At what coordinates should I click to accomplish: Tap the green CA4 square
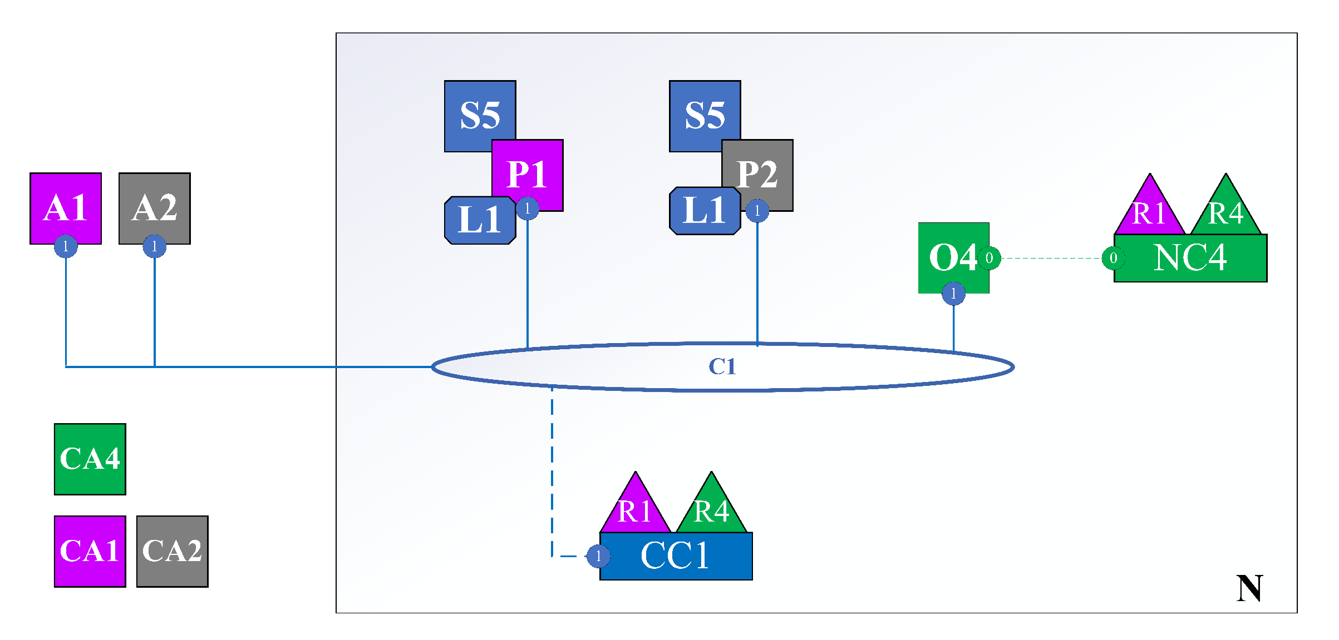click(90, 459)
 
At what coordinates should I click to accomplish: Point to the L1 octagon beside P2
click(705, 211)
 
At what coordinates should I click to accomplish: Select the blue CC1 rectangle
click(676, 556)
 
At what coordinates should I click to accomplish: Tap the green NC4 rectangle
click(1190, 258)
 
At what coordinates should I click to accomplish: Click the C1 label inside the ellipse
click(722, 366)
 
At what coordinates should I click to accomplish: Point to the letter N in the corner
click(1249, 588)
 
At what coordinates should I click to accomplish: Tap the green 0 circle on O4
click(989, 258)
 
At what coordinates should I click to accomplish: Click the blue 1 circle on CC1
click(598, 556)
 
